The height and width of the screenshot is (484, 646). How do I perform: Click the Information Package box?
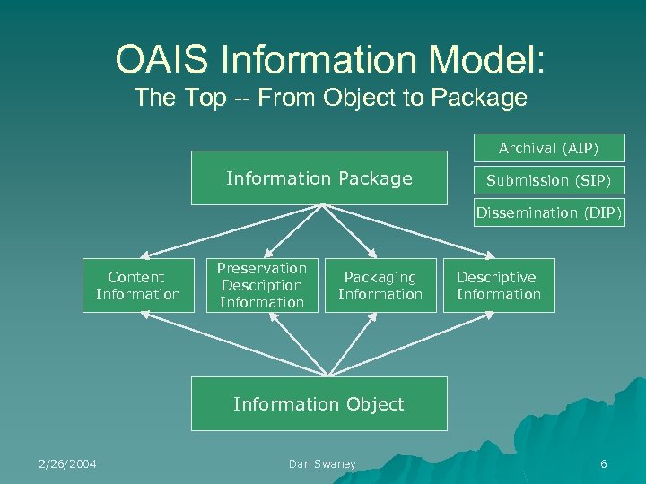(x=319, y=178)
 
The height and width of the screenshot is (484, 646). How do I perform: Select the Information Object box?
(x=319, y=404)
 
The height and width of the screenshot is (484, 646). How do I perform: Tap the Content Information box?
(x=138, y=286)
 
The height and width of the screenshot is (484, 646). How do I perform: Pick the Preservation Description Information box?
(x=262, y=285)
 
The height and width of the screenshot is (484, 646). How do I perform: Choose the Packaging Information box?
(x=380, y=286)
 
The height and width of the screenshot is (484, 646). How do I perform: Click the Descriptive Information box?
(x=499, y=286)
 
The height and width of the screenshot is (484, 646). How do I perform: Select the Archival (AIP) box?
(x=549, y=148)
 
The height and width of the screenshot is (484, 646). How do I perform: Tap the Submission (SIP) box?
(x=549, y=180)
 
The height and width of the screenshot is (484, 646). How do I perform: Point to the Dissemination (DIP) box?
(x=549, y=212)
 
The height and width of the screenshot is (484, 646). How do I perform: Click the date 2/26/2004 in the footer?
(x=67, y=463)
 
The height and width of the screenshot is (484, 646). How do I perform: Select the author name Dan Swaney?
(x=322, y=463)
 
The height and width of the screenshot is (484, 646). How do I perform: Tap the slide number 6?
(x=603, y=463)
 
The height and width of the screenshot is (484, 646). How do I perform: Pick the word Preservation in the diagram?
(x=262, y=268)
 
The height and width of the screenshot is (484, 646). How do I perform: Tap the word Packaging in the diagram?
(x=380, y=278)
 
